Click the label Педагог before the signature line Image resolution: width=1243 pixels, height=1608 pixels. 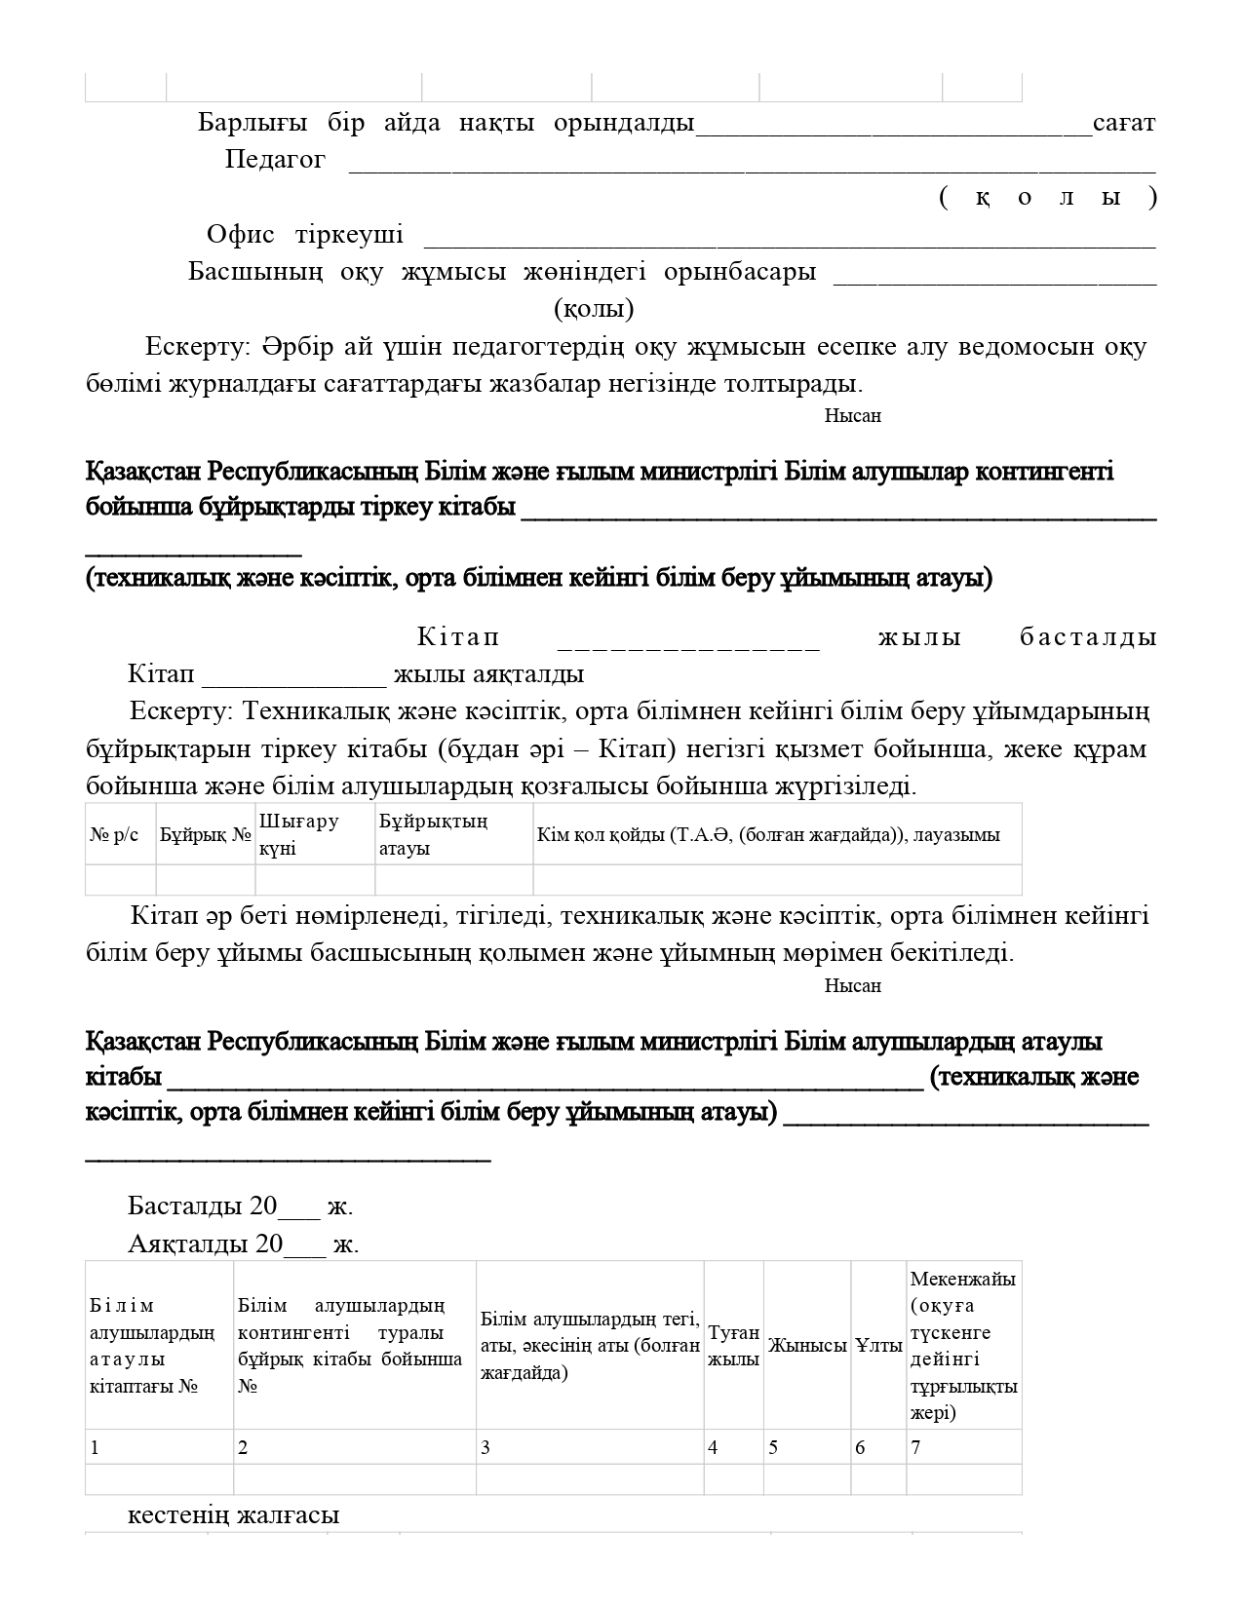pyautogui.click(x=275, y=160)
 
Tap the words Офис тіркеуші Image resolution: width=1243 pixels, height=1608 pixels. pyautogui.click(x=304, y=235)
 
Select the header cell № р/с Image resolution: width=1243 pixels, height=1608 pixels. pyautogui.click(x=115, y=835)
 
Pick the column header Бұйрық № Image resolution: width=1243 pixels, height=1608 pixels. pyautogui.click(x=206, y=835)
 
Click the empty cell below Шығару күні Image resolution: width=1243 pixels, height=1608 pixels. pyautogui.click(x=314, y=880)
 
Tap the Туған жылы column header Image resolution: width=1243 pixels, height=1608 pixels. pyautogui.click(x=733, y=1346)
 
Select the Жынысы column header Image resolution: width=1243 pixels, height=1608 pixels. pyautogui.click(x=806, y=1346)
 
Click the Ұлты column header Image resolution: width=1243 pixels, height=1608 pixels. pyautogui.click(x=878, y=1346)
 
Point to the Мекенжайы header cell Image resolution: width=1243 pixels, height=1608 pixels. pyautogui.click(x=963, y=1346)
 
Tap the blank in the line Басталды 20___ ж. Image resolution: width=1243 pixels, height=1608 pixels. pyautogui.click(x=299, y=1208)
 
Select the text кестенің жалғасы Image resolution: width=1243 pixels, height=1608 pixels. pyautogui.click(x=233, y=1515)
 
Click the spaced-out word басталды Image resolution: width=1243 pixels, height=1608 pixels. pyautogui.click(x=1088, y=637)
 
